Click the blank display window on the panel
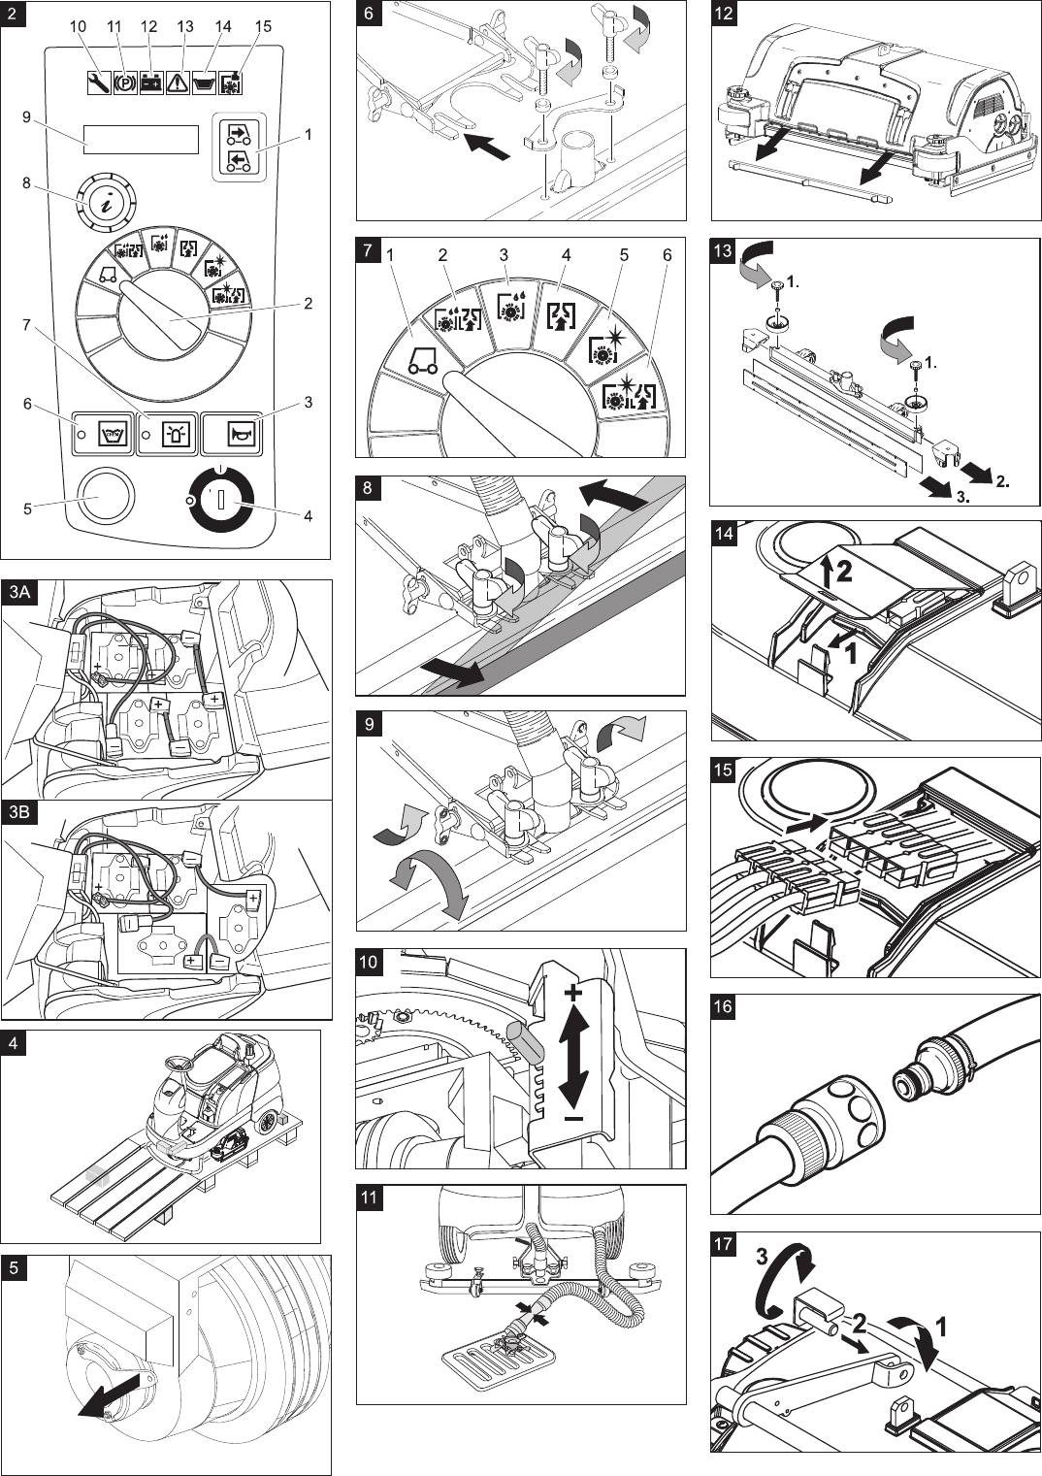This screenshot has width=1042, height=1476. point(141,140)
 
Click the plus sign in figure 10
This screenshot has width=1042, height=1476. point(573,993)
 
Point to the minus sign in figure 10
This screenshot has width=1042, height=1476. point(573,1119)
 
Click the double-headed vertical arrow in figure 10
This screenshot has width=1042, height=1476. point(573,1055)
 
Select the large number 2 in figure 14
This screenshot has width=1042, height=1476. point(843,572)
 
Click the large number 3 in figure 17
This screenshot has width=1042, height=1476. point(763,1257)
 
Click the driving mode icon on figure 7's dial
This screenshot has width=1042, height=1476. point(423,362)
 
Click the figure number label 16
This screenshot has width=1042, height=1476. point(724,1006)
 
